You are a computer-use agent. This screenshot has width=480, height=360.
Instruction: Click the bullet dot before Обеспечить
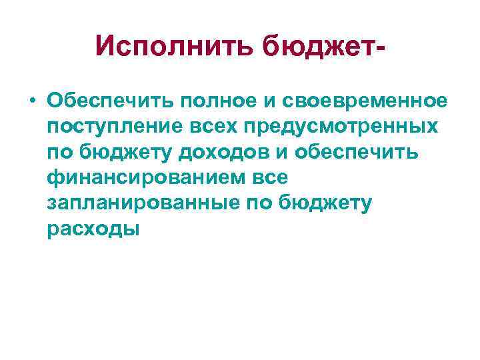pyautogui.click(x=31, y=101)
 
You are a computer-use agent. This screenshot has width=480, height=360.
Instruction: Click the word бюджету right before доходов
pyautogui.click(x=122, y=153)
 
